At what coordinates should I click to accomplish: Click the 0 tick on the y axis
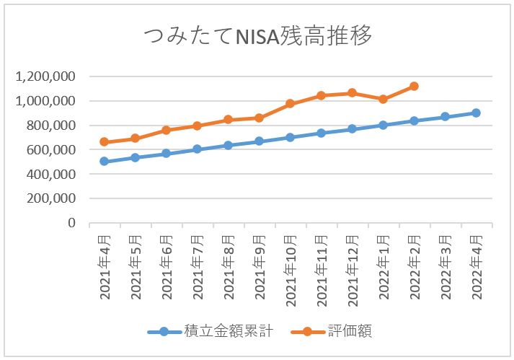coord(72,223)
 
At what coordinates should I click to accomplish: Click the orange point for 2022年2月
coord(414,86)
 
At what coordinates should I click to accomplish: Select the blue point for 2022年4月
coord(476,113)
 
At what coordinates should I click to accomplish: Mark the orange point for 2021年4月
coord(105,142)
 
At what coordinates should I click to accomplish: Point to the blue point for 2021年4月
coord(105,162)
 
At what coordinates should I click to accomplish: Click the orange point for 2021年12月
coord(352,92)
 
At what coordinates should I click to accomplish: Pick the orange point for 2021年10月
coord(290,104)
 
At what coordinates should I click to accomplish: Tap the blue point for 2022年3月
coord(445,116)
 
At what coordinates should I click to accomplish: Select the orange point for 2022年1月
coord(383,99)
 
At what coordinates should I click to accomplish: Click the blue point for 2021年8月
coord(228,145)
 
